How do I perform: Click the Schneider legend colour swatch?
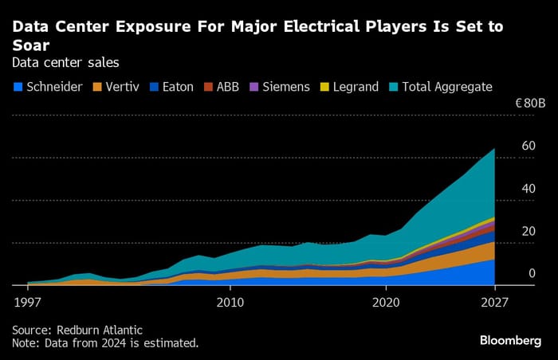17,86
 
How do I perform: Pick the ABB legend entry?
227,86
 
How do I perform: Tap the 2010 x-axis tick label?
230,303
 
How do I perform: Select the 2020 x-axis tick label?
386,303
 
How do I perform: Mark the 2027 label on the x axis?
495,303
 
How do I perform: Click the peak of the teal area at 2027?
494,149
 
